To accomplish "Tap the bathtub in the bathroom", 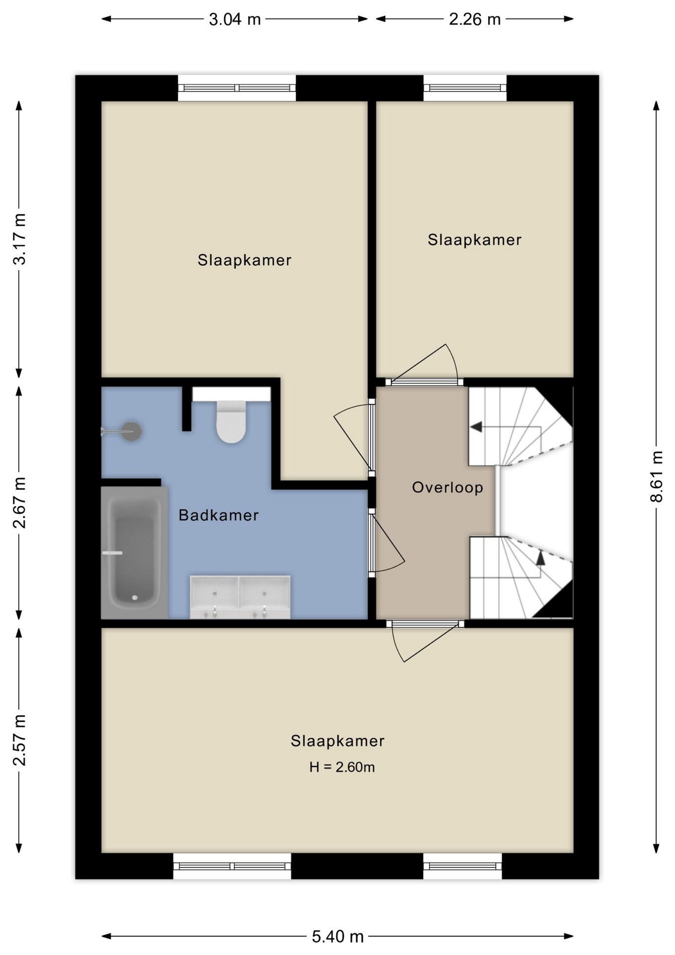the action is tap(134, 552).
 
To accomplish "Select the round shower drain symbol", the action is tap(132, 431).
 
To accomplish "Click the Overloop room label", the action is tap(447, 487).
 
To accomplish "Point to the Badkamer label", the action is tap(219, 515).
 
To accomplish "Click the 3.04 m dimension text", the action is tap(235, 19).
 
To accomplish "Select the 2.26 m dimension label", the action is tap(475, 19).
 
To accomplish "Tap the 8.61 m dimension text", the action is tap(657, 477).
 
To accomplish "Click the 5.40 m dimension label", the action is tap(338, 937).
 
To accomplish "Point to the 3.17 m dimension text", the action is tap(19, 239).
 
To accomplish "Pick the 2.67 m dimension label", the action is tap(19, 503).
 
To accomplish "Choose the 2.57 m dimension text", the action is tap(19, 740).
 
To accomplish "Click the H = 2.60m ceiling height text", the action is tap(342, 767).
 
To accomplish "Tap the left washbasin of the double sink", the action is tap(215, 596).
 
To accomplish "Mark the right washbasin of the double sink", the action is tap(264, 596).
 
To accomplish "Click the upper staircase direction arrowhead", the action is tap(476, 427).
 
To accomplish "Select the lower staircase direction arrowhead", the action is tap(540, 558).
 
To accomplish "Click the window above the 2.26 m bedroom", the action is tap(465, 88).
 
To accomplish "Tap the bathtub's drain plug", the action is tap(135, 598).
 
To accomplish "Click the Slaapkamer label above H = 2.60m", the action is tap(337, 741).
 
